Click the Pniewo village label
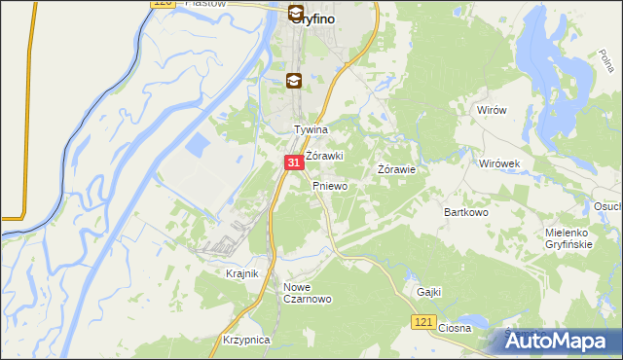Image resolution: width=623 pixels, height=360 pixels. point(330,185)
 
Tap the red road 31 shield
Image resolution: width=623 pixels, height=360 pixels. point(293,164)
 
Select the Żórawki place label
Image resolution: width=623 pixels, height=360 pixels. point(324,156)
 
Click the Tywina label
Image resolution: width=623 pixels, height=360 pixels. point(311,129)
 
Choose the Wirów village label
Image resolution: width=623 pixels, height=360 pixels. point(493,111)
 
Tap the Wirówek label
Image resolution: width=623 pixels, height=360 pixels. point(502,163)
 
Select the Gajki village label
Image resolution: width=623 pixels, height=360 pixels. point(428,291)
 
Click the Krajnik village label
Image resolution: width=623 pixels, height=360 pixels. point(241,273)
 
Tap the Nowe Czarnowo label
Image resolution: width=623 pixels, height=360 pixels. point(308,293)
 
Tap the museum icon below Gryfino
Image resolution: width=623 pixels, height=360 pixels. point(293,81)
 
